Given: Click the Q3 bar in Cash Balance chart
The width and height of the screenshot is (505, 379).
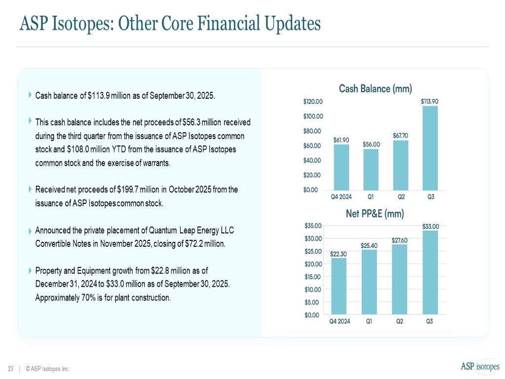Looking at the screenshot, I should coord(430,148).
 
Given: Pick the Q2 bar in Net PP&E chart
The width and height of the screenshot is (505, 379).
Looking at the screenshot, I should coord(400,279).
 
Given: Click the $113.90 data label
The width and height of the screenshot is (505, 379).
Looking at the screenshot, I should coord(430,101).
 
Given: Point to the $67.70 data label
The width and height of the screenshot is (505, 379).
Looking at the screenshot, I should coord(400,135).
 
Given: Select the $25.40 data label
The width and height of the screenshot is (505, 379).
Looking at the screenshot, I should coord(371,245).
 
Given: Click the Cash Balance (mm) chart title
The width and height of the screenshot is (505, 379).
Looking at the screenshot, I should coord(375,89).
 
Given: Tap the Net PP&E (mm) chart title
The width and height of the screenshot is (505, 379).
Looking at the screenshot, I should coord(375,214).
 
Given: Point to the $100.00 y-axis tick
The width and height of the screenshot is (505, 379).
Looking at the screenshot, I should coord(313,116).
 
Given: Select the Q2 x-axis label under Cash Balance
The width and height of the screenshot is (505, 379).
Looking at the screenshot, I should coord(401,197).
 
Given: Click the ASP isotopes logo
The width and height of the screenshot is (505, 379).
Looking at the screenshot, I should coord(480,366).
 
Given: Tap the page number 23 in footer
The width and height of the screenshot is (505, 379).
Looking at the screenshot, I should coord(10,369).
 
